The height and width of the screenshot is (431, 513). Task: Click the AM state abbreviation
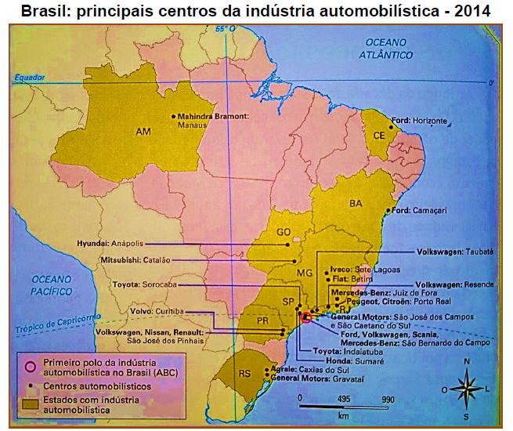click(x=143, y=132)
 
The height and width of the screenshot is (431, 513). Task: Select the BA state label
click(x=356, y=204)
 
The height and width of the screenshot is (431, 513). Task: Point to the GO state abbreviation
click(x=283, y=232)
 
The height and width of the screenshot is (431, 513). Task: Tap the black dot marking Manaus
click(x=173, y=116)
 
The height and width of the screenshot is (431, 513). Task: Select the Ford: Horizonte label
click(x=419, y=121)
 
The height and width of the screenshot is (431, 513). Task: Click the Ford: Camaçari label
click(x=419, y=210)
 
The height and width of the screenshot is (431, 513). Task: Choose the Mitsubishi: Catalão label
click(x=136, y=259)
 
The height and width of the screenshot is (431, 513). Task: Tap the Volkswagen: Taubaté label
click(x=454, y=252)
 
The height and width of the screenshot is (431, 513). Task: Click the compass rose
click(x=466, y=387)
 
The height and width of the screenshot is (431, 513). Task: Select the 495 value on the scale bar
click(x=343, y=399)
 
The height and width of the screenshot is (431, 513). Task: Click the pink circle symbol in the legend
click(x=30, y=367)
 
